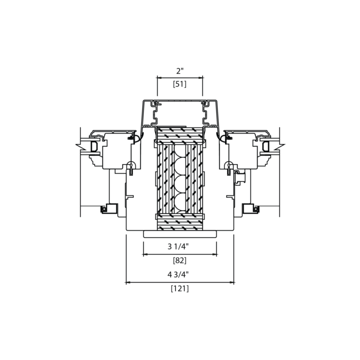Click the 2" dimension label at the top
pyautogui.click(x=180, y=71)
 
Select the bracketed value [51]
pyautogui.click(x=180, y=84)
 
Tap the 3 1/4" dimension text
pyautogui.click(x=178, y=246)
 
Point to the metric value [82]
pyautogui.click(x=180, y=260)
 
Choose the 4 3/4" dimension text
pyautogui.click(x=178, y=274)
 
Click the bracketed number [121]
pyautogui.click(x=180, y=288)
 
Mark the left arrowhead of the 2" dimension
pyautogui.click(x=159, y=78)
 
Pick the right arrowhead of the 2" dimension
pyautogui.click(x=201, y=78)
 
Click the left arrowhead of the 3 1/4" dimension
pyautogui.click(x=145, y=254)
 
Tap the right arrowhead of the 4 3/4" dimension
pyautogui.click(x=232, y=282)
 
